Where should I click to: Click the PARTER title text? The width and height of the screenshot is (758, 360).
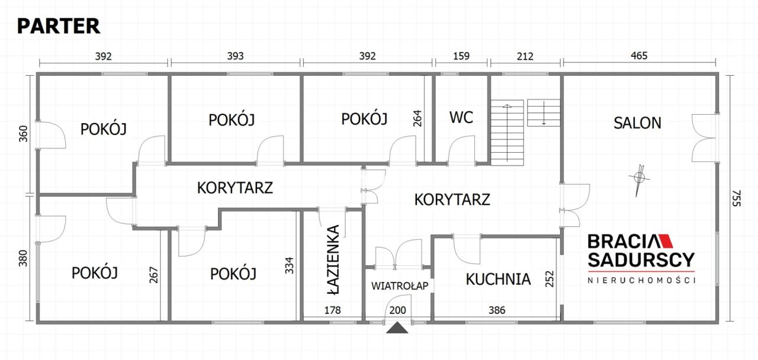(x=58, y=26)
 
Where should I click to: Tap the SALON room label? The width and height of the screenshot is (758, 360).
(x=637, y=123)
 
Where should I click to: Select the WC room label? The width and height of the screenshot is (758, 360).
(x=461, y=117)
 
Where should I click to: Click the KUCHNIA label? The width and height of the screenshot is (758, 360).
(x=497, y=279)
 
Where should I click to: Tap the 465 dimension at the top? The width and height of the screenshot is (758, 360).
(x=640, y=56)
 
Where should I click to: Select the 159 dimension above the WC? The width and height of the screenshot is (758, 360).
(x=461, y=56)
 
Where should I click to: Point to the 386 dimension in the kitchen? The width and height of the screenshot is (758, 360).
(x=496, y=309)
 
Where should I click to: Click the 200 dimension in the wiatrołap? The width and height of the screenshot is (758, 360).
(x=398, y=309)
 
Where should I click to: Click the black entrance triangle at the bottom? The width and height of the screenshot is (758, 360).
(x=397, y=328)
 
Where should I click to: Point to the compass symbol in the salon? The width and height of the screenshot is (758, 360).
(x=638, y=178)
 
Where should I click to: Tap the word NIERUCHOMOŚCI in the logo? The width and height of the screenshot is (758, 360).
(x=641, y=279)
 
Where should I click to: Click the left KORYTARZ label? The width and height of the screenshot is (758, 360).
(x=235, y=188)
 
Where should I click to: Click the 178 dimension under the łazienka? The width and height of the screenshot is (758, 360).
(x=332, y=309)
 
